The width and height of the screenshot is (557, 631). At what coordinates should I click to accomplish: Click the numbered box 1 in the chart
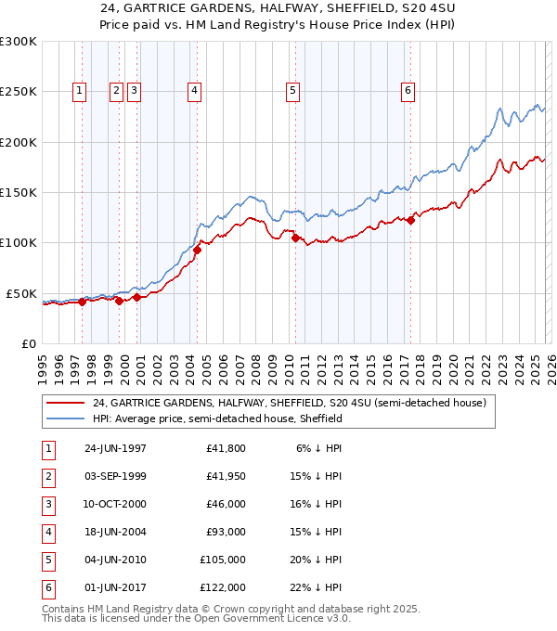pyautogui.click(x=80, y=91)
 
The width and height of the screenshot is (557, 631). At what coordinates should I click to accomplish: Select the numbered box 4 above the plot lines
pyautogui.click(x=195, y=91)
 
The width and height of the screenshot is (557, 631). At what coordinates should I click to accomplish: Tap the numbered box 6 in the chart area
pyautogui.click(x=408, y=91)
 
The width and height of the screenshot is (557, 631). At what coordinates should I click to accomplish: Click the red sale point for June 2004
pyautogui.click(x=197, y=250)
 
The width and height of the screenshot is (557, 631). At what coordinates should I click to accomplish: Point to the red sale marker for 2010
pyautogui.click(x=295, y=238)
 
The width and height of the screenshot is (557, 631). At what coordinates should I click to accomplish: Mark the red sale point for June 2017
pyautogui.click(x=410, y=220)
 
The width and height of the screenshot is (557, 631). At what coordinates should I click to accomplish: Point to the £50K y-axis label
pyautogui.click(x=21, y=293)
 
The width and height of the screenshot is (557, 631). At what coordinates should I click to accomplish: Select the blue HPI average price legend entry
pyautogui.click(x=217, y=419)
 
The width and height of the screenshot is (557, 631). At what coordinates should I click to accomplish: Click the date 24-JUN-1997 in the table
pyautogui.click(x=115, y=448)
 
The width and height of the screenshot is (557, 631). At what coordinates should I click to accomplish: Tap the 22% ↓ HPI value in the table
pyautogui.click(x=316, y=587)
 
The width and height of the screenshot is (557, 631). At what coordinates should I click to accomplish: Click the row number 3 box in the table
pyautogui.click(x=47, y=504)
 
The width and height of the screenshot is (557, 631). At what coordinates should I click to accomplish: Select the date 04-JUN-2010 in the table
pyautogui.click(x=115, y=560)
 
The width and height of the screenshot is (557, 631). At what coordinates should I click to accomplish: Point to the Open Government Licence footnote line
pyautogui.click(x=196, y=618)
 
